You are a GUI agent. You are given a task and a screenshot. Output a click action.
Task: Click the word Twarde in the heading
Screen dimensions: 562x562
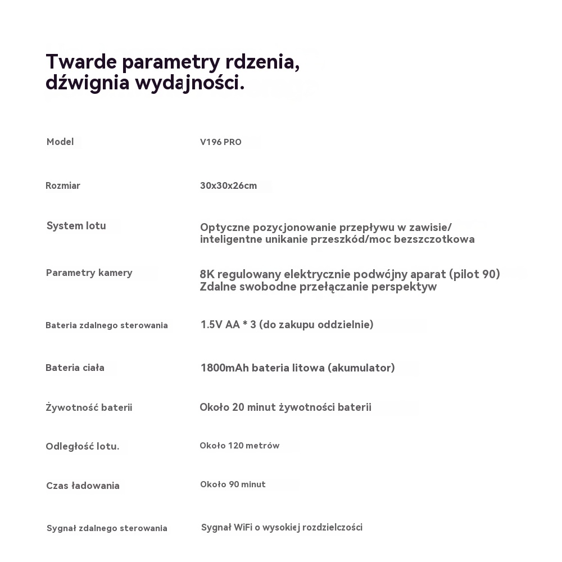tap(81, 61)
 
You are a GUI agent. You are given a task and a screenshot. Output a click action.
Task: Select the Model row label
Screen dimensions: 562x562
tap(60, 142)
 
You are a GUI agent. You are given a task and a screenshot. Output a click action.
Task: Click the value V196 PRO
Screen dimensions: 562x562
tap(221, 142)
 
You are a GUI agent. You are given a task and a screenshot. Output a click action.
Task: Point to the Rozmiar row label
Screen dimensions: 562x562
tap(63, 185)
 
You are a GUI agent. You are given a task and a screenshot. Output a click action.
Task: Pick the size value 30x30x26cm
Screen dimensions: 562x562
tap(228, 185)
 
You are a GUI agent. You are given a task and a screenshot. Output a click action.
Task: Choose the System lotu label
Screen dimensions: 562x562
tap(76, 226)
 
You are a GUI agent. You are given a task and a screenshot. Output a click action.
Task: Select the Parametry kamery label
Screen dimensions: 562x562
tap(89, 273)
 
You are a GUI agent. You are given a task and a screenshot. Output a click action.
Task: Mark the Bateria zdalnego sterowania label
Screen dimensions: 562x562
tap(106, 325)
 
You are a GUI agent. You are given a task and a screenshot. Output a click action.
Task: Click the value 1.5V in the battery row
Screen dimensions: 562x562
tap(211, 324)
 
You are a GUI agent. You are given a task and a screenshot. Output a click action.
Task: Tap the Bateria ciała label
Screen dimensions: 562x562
tap(75, 368)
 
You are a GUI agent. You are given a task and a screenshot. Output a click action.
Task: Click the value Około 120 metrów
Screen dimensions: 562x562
tap(239, 446)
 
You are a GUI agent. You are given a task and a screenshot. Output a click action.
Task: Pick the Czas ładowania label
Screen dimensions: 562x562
tap(83, 486)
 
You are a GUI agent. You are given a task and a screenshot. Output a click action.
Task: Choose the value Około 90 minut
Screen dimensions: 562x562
tap(233, 484)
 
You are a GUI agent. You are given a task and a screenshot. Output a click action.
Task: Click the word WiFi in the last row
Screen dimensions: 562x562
tap(242, 527)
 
